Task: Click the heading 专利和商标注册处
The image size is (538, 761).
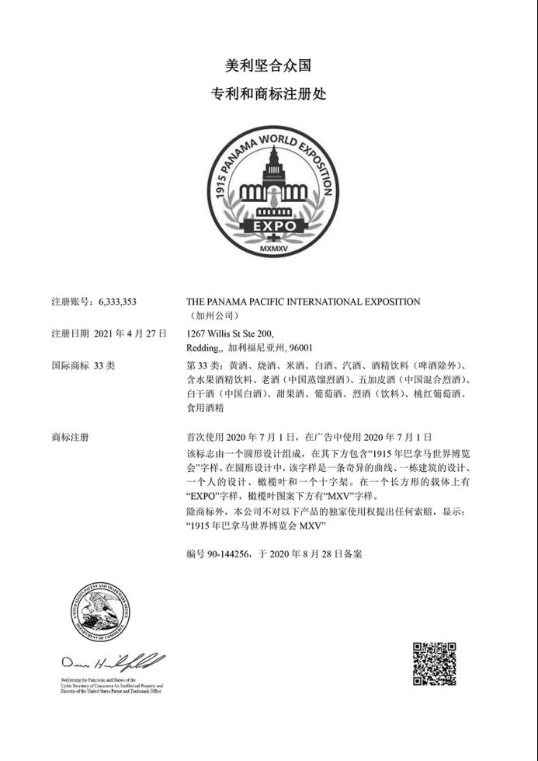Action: tap(269, 94)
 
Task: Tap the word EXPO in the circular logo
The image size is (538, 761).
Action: tap(269, 225)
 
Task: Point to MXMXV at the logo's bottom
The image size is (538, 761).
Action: tap(272, 250)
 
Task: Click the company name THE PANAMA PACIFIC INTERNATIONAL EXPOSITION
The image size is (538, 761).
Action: tap(304, 302)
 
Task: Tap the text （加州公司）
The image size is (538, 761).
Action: tap(209, 316)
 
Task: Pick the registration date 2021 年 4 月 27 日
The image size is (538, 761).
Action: tap(130, 333)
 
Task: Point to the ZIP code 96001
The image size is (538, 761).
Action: tap(301, 347)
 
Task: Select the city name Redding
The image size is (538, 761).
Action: tap(204, 347)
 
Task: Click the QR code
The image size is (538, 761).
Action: tap(434, 663)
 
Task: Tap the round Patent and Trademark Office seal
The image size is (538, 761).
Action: tap(100, 613)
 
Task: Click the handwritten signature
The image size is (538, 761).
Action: tap(112, 663)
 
